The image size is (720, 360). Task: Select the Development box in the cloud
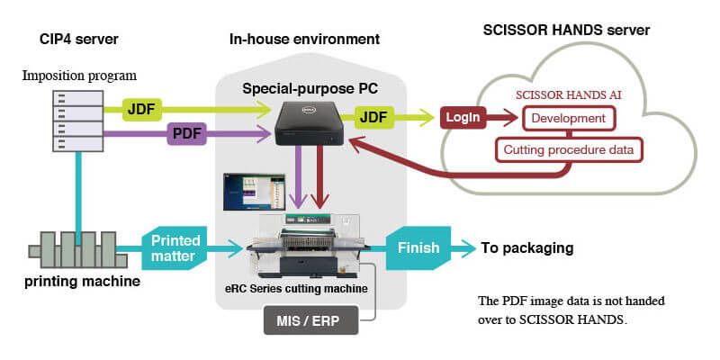(x=568, y=119)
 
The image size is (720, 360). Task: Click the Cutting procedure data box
(x=569, y=149)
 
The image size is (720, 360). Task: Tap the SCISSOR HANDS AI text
(x=567, y=94)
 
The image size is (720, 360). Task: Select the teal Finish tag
(x=418, y=247)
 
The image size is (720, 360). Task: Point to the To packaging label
(x=527, y=247)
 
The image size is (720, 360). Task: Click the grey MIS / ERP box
(x=310, y=321)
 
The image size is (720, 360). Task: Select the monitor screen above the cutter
(x=249, y=192)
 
